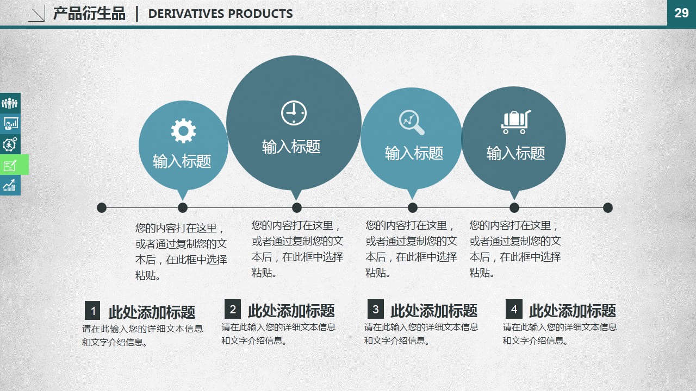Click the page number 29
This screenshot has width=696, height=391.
[x=681, y=13]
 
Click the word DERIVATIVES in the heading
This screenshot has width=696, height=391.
[x=186, y=14]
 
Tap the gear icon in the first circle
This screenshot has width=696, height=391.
[x=183, y=131]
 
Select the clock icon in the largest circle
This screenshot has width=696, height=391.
[x=294, y=113]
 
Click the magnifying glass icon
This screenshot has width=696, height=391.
[x=412, y=123]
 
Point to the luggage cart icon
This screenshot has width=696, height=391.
[x=516, y=122]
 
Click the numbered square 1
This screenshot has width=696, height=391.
[x=92, y=310]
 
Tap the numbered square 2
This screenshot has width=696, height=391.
[x=233, y=309]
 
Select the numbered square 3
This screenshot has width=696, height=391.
[x=375, y=309]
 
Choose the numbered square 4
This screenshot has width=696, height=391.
[x=514, y=309]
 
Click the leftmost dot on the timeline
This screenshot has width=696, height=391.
[x=102, y=207]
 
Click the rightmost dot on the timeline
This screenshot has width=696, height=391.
[x=608, y=207]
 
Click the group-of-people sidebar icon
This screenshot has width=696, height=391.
[x=10, y=103]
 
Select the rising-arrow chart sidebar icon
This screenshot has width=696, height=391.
[x=10, y=185]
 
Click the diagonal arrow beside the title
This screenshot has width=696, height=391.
[x=37, y=14]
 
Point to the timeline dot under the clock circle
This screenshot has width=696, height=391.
[x=297, y=207]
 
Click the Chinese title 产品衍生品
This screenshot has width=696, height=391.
[x=89, y=14]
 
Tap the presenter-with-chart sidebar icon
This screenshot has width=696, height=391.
[x=10, y=123]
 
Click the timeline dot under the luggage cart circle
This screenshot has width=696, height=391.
[x=514, y=207]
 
